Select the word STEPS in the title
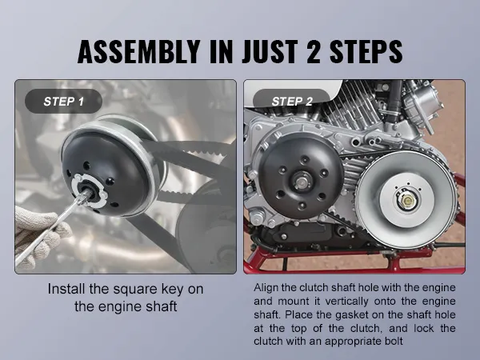tap(366, 51)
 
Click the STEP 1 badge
tap(63, 102)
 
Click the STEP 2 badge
tap(292, 102)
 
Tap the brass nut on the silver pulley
tap(407, 201)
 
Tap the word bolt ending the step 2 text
tap(394, 341)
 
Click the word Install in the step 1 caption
tap(66, 289)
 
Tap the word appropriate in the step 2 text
tap(345, 342)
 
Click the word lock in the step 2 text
tap(424, 328)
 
